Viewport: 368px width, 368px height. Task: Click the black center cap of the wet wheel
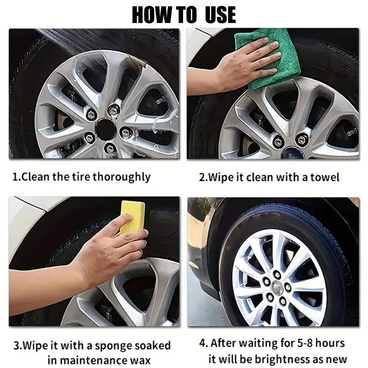coord(107,126)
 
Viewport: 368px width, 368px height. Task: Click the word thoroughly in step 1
coord(121,177)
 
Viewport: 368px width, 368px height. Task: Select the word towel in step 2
coord(325,177)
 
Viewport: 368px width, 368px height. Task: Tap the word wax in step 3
coord(140,360)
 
